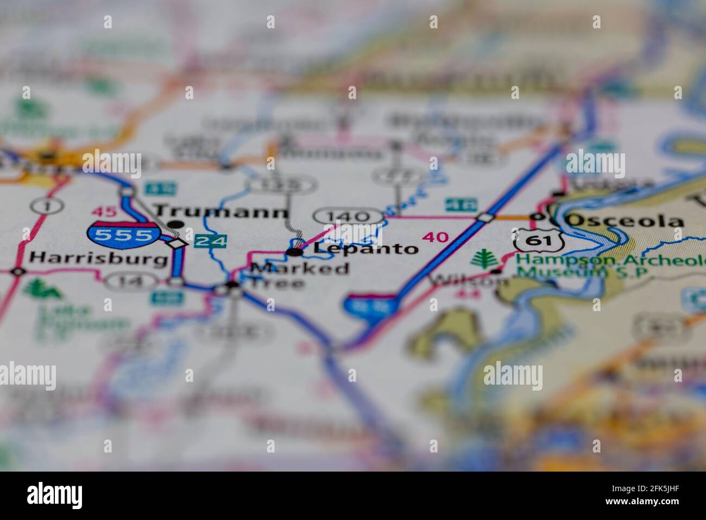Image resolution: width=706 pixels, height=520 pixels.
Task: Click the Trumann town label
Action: click(x=220, y=211)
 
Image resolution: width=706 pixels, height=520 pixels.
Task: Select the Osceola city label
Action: click(x=625, y=220)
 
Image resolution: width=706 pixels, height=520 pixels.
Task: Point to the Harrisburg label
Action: click(x=98, y=258)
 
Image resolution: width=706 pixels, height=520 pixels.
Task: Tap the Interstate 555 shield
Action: click(x=123, y=234)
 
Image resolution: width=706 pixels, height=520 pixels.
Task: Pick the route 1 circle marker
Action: click(x=47, y=206)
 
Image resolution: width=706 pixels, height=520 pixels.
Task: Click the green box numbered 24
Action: click(x=210, y=240)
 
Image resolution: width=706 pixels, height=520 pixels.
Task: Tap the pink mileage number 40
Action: click(x=435, y=237)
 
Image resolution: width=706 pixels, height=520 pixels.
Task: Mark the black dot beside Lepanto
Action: click(x=295, y=251)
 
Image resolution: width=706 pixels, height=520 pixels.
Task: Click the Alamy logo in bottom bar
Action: click(x=55, y=496)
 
